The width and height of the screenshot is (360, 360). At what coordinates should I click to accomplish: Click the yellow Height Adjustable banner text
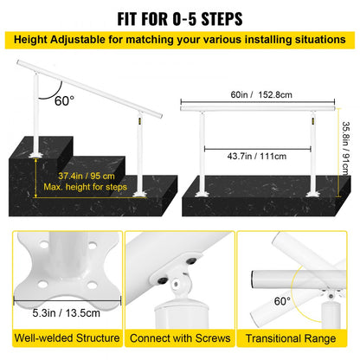click(x=180, y=40)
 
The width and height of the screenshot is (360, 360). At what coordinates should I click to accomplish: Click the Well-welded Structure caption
click(x=61, y=339)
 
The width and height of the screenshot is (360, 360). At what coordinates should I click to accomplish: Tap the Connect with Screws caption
click(x=179, y=339)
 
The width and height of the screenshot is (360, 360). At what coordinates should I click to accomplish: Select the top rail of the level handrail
click(x=260, y=106)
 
